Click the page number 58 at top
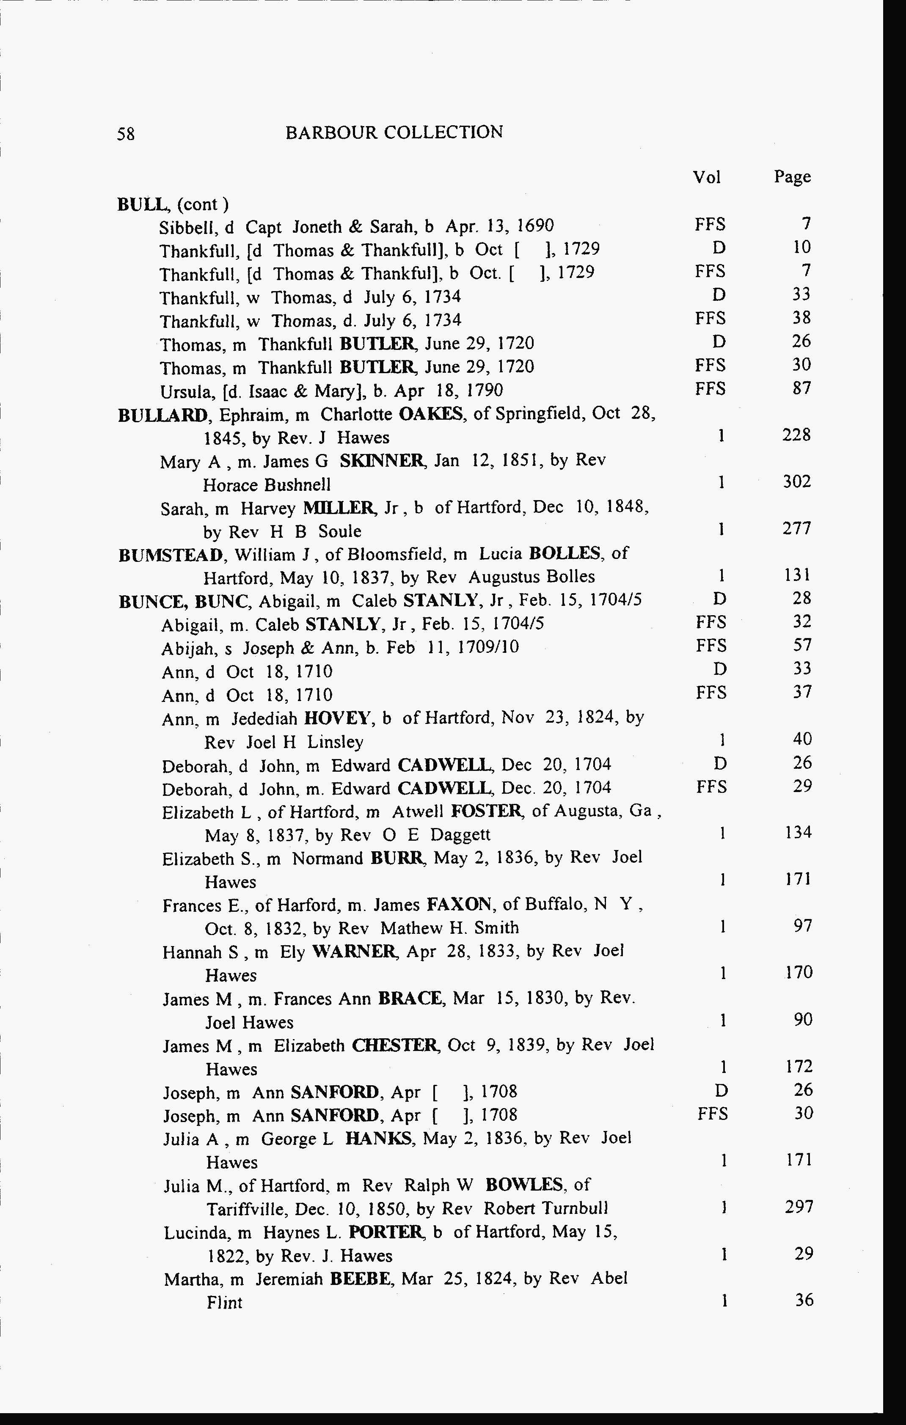125,134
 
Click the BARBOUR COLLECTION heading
394,132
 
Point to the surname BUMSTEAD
171,555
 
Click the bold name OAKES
431,414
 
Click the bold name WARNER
353,952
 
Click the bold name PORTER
386,1232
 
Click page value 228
796,435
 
